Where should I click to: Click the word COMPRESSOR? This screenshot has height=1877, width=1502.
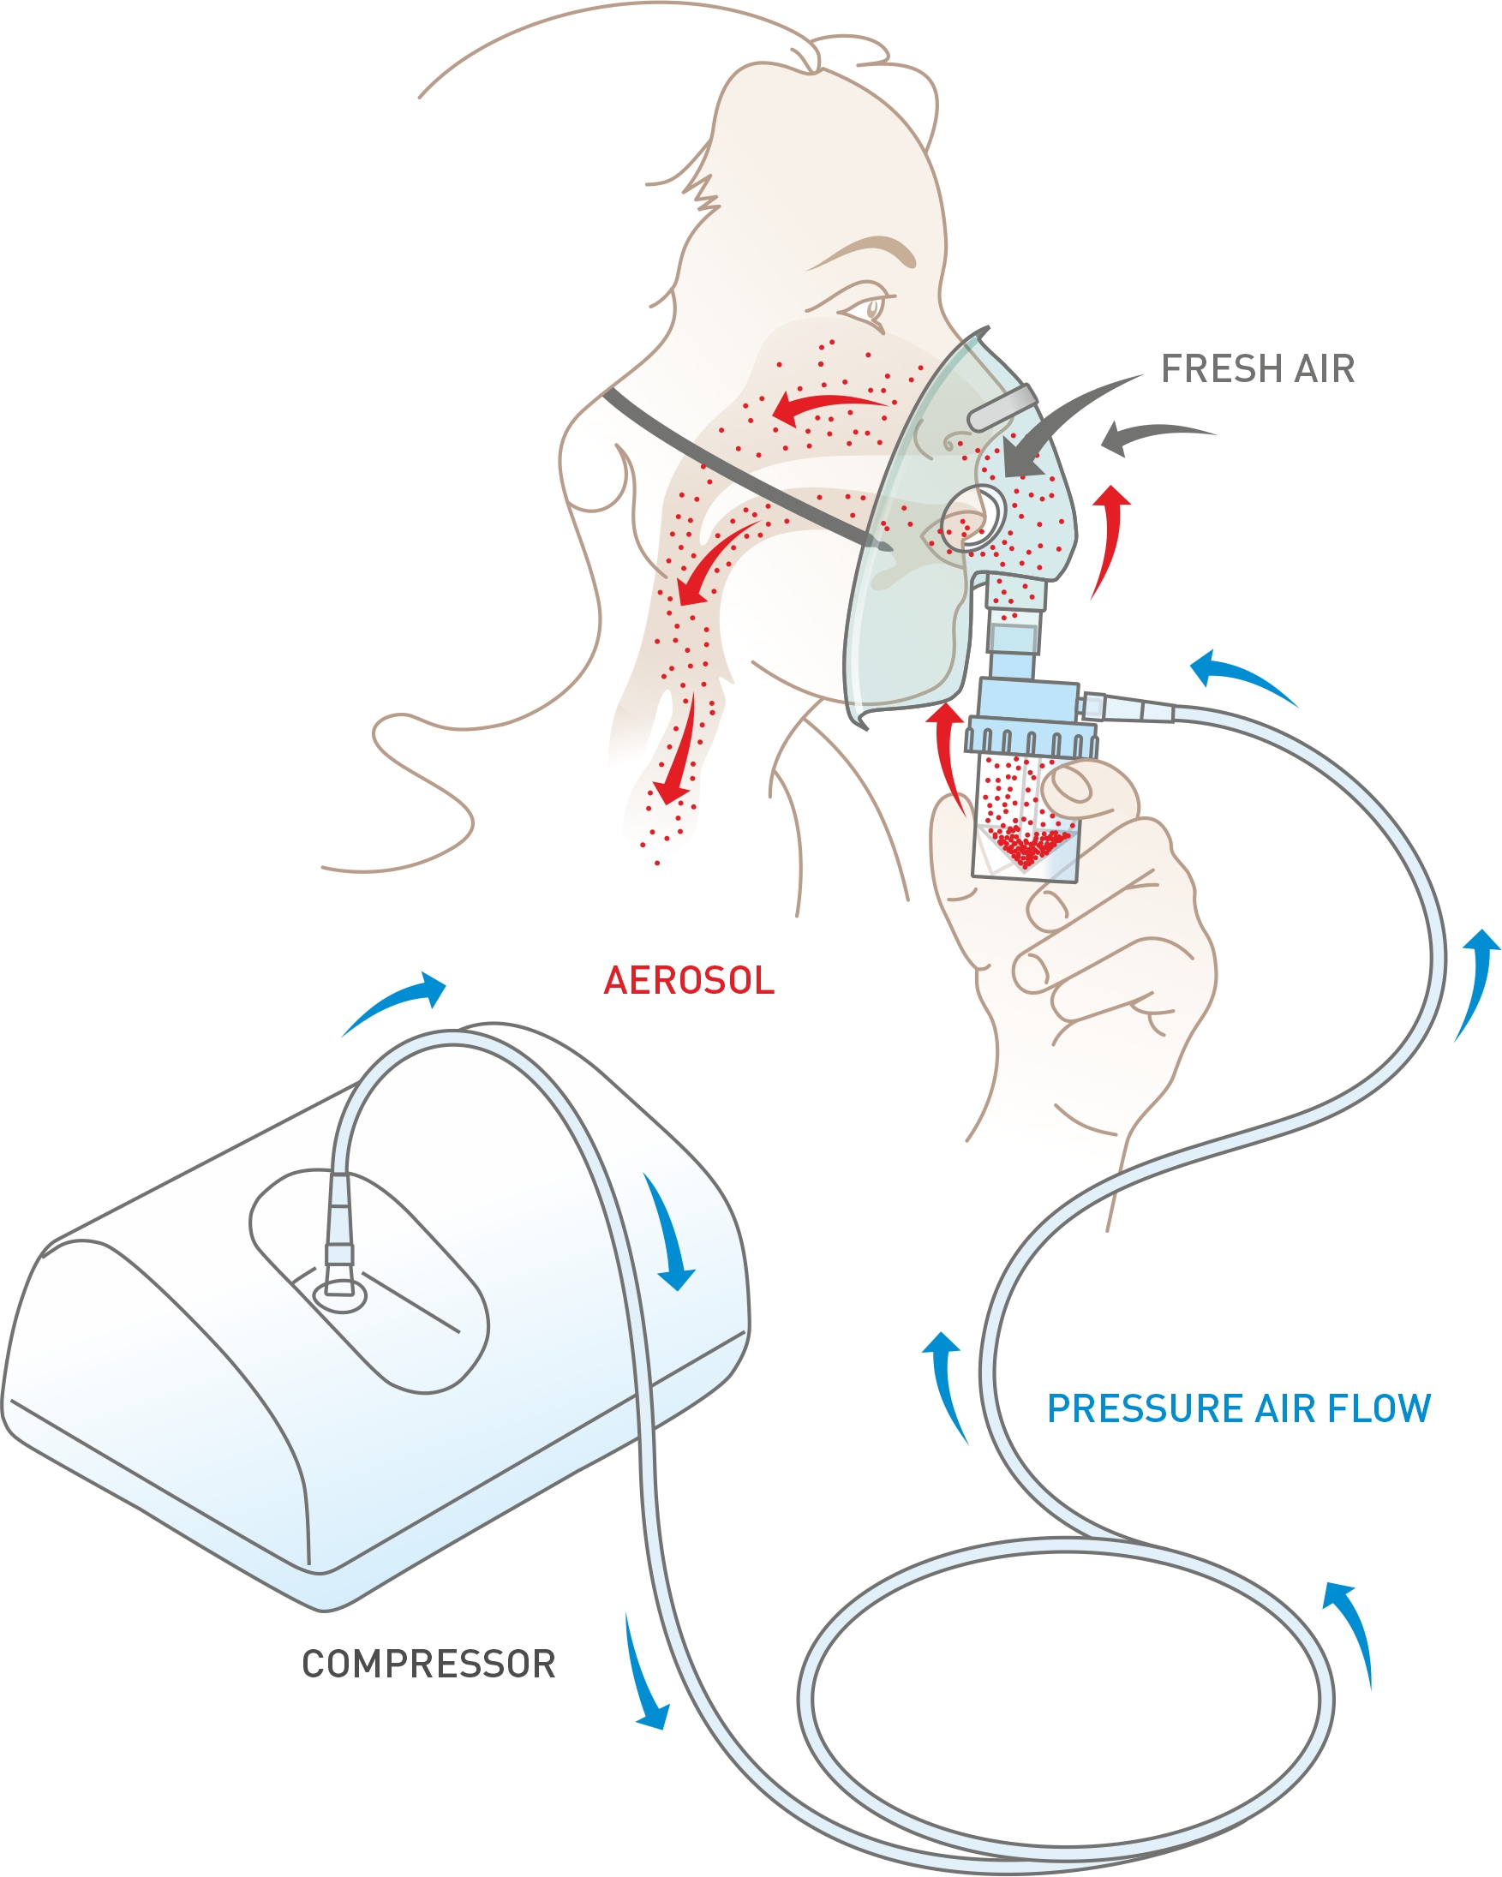coord(428,1664)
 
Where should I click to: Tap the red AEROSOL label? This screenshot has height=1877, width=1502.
coord(688,980)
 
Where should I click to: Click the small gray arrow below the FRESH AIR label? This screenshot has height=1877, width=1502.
coord(1149,435)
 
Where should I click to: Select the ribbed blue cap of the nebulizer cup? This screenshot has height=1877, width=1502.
coord(1031,737)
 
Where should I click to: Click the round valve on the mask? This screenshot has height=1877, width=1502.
coord(973,519)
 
